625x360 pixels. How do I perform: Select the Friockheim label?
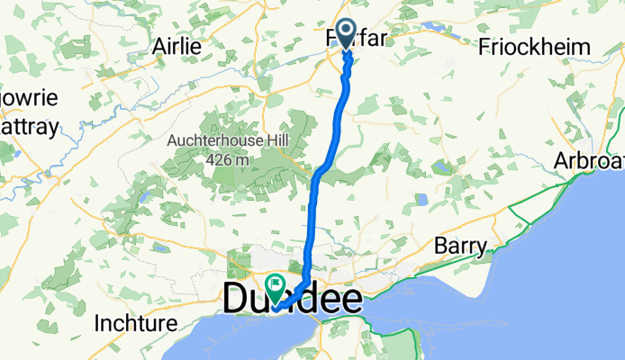[x=535, y=46]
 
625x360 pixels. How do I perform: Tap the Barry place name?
[x=460, y=246]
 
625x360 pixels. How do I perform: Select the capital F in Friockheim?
[x=486, y=46]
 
